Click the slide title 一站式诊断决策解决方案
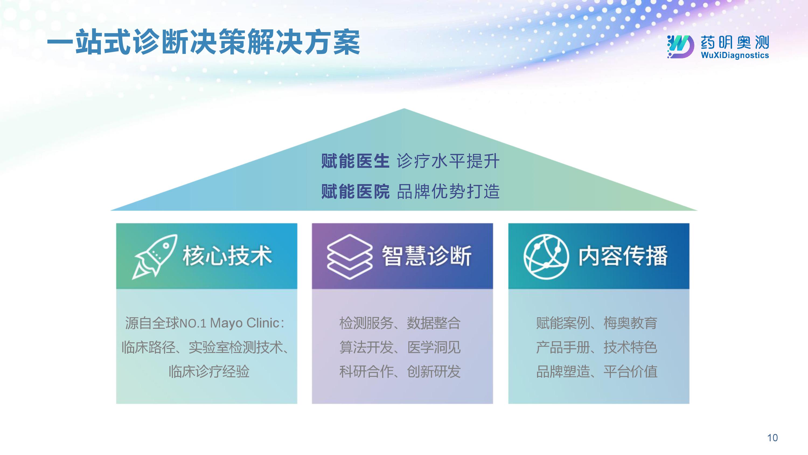coord(203,42)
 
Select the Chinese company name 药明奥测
coord(734,42)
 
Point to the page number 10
coord(772,437)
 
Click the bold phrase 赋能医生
coord(355,161)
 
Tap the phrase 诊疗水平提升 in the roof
coord(448,161)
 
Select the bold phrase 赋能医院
coord(355,191)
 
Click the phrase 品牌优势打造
coord(448,191)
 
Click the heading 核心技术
coord(227,256)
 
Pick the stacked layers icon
coord(349,257)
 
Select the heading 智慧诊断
coord(427,256)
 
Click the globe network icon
coord(546,257)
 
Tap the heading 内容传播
coord(623,256)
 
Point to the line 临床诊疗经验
coord(209,371)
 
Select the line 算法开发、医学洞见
coord(400,347)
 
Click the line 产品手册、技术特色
coord(597,347)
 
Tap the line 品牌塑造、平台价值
coord(597,371)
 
